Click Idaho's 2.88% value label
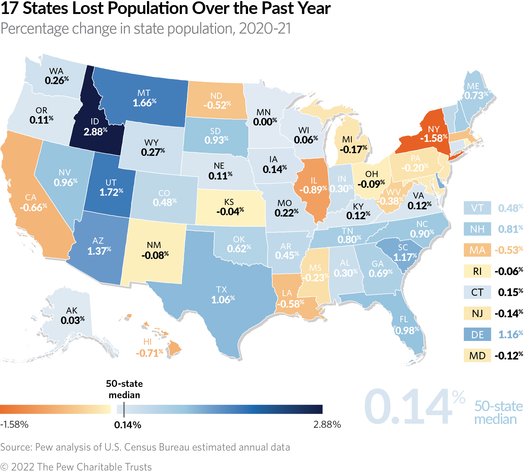95,132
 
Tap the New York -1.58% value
433,138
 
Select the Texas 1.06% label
222,300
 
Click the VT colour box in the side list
477,208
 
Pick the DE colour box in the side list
477,335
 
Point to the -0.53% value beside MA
508,250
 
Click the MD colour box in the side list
477,355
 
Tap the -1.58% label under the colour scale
14,425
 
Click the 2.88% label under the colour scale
327,425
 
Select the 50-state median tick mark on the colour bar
124,409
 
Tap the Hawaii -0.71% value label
149,353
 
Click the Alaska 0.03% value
72,320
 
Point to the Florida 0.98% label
407,330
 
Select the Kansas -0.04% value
230,211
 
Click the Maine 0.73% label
476,95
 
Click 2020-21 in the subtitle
265,28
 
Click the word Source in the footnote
16,447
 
